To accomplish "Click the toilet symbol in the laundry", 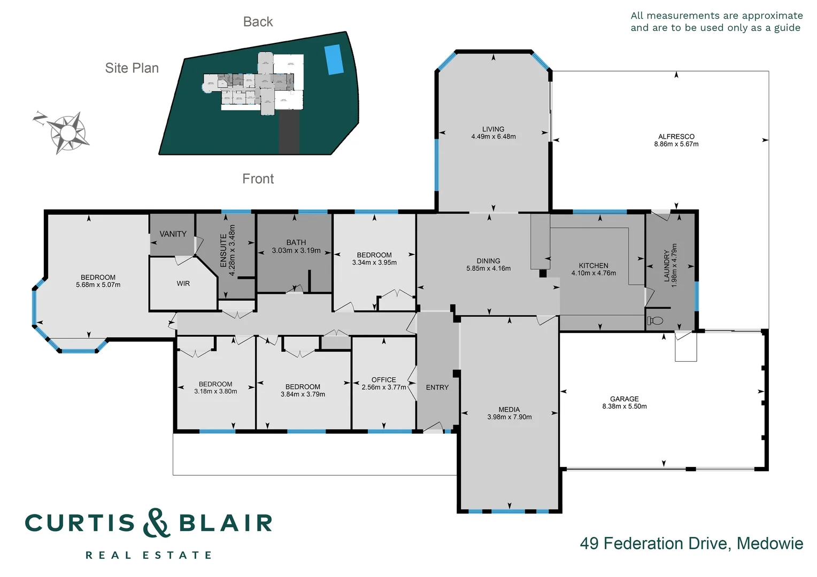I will [656, 321].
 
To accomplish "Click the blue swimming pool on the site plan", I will [334, 59].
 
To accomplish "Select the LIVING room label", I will [493, 129].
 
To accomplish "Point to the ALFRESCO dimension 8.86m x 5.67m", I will [676, 144].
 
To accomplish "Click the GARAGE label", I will [624, 399].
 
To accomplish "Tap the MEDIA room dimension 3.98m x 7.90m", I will [509, 417].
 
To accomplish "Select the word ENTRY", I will [437, 387].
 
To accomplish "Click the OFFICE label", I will [383, 380].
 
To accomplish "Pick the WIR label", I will [183, 284].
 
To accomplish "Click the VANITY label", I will [173, 234].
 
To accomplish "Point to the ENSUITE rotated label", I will [223, 250].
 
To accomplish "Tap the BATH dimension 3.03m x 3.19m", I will [296, 251].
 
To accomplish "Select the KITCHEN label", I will [593, 266].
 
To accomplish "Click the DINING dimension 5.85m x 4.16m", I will [488, 269].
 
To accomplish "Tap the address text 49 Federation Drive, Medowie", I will [691, 543].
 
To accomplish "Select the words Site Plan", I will [132, 68].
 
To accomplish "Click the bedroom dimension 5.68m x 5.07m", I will [98, 285].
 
